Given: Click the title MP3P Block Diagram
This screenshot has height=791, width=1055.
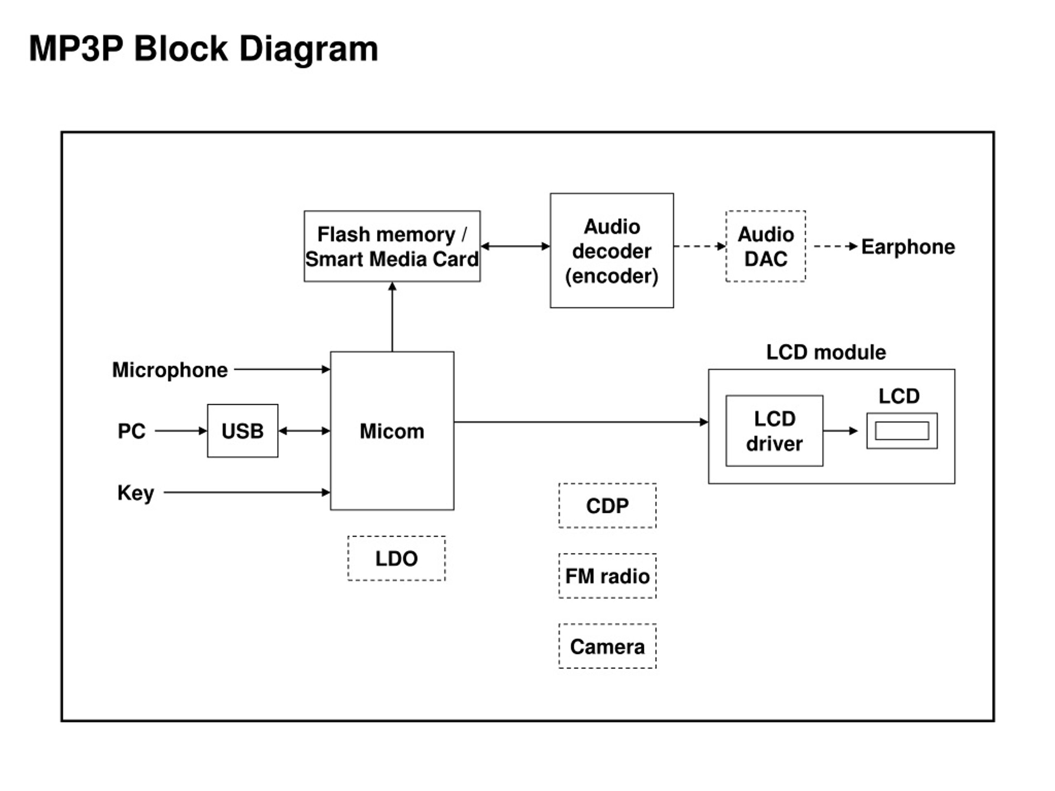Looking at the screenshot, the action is pos(204,49).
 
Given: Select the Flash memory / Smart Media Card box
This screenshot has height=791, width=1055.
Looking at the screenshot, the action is pos(392,246).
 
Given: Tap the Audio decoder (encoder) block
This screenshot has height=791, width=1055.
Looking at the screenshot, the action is pos(612,250).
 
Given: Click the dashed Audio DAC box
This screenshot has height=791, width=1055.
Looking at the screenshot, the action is pos(766,246).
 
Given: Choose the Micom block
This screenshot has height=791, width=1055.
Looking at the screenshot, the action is pos(392,431).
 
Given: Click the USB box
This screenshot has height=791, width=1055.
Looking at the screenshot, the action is pos(243,431).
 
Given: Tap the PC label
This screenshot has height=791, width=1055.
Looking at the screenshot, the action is pos(131,431).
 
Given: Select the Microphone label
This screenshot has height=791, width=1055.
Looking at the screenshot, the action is pos(170,370).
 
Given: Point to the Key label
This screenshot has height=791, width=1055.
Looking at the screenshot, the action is pos(136,493).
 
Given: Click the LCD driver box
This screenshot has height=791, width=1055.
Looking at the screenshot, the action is pos(774,431).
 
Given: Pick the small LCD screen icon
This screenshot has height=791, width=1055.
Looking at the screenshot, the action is pos(902,431).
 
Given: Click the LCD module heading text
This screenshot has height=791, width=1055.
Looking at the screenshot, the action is pos(826,352).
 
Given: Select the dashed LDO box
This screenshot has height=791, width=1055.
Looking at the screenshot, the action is pos(396,558).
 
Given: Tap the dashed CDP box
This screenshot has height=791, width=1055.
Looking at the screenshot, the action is pos(607,505).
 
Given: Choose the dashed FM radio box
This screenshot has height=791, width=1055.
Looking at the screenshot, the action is pos(607,576).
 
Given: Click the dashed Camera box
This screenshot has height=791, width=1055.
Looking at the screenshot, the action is pos(607,646).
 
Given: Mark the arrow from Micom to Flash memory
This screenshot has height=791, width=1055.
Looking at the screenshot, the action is pos(392,316).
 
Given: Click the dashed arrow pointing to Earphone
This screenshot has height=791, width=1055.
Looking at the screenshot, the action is pos(836,246).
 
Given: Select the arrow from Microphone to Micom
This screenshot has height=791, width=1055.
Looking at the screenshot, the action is pos(282,369).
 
